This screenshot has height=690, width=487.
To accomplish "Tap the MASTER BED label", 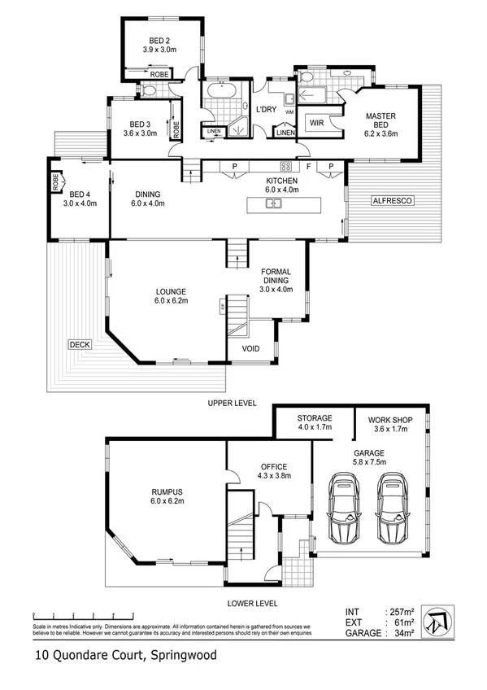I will tap(380, 121).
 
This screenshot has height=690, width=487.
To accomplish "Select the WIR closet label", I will tap(317, 124).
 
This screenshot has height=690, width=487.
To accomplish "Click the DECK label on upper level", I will tap(79, 345).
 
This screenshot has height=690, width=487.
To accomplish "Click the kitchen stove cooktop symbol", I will tap(285, 166).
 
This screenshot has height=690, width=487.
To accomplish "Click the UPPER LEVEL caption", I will tap(233, 404).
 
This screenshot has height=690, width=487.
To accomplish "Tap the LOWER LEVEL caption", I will tap(252, 604).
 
